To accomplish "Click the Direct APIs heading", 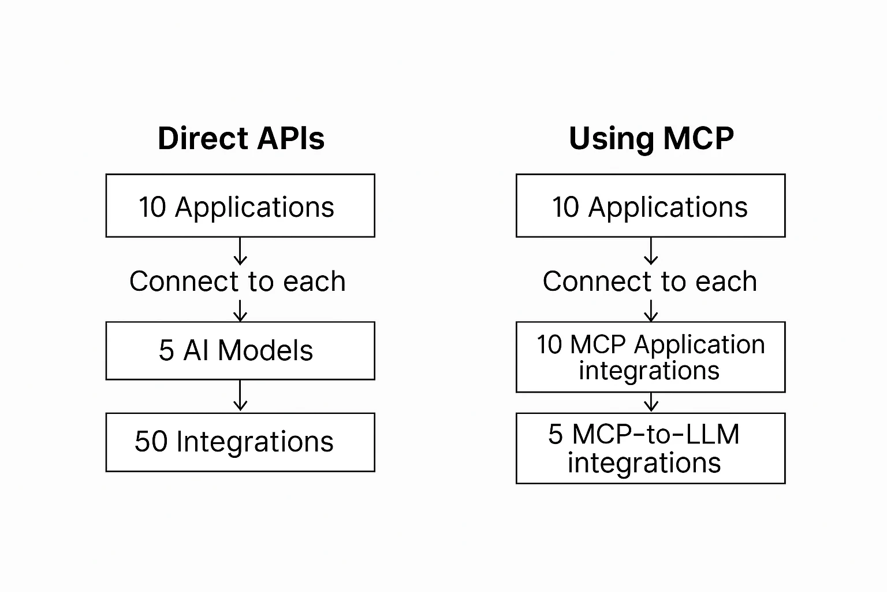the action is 241,138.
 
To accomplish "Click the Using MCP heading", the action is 651,139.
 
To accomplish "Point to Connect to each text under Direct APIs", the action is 237,281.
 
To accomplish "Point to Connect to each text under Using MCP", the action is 650,281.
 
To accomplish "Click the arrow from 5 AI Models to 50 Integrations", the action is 240,395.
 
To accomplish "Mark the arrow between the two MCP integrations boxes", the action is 651,402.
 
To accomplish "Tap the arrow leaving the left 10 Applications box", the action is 240,251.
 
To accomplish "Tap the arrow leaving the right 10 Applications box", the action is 651,251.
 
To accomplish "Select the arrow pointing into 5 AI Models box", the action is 240,310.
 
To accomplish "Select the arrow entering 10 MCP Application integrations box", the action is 651,310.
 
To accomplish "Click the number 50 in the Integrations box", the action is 151,441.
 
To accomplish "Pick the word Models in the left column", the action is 265,350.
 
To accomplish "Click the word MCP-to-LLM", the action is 656,434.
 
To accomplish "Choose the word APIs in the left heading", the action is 291,138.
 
